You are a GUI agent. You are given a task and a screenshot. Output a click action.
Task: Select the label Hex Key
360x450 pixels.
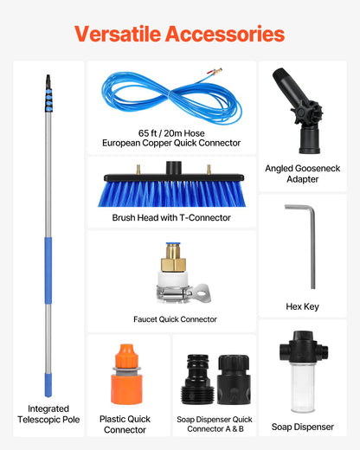coord(302,306)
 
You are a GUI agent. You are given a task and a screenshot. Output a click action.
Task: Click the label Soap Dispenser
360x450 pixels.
coord(302,427)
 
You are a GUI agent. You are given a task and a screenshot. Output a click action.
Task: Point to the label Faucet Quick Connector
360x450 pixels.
coord(175,319)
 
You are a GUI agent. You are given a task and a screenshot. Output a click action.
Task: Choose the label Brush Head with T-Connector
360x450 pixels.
coord(171,217)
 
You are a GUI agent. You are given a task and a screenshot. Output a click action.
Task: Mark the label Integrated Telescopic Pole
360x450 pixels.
coord(48,414)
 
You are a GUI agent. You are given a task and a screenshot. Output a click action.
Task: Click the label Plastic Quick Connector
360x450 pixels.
coord(125,424)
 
